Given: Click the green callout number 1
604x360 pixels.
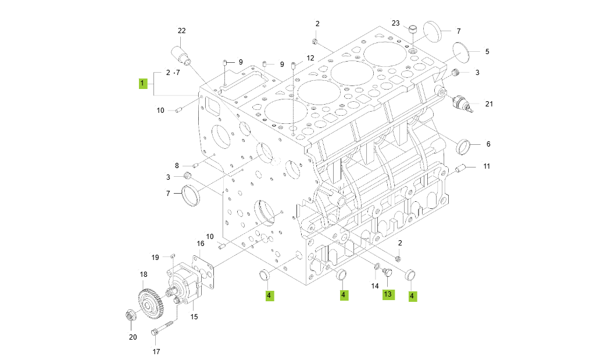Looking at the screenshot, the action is (x=142, y=84).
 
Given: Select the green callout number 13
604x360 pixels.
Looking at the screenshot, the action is (x=388, y=295).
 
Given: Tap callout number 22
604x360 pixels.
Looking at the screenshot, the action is (x=181, y=31).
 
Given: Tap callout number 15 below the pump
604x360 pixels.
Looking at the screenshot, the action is (x=194, y=317).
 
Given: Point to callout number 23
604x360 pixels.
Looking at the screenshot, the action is (x=396, y=23).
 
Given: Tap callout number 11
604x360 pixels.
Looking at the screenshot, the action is (x=487, y=166).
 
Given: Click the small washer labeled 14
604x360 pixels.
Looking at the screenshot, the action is (x=377, y=268).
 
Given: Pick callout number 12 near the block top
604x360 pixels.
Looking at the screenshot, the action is (x=310, y=58).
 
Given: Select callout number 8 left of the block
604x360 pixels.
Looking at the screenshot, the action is (x=177, y=165).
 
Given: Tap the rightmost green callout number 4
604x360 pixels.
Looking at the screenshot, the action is (x=412, y=296).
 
